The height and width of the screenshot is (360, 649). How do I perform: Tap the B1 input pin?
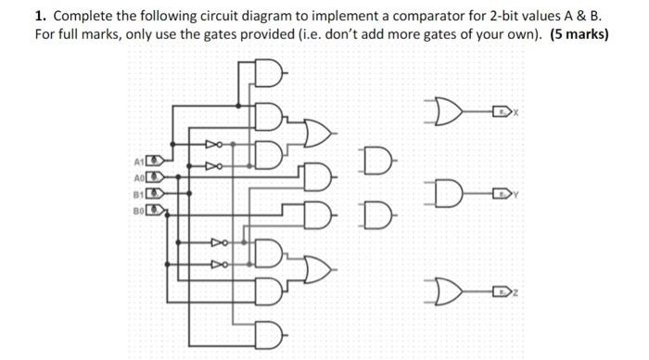coord(157,194)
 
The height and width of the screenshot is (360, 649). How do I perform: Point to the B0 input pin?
coord(157,211)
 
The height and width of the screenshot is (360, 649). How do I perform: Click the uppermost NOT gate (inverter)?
coord(213,145)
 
